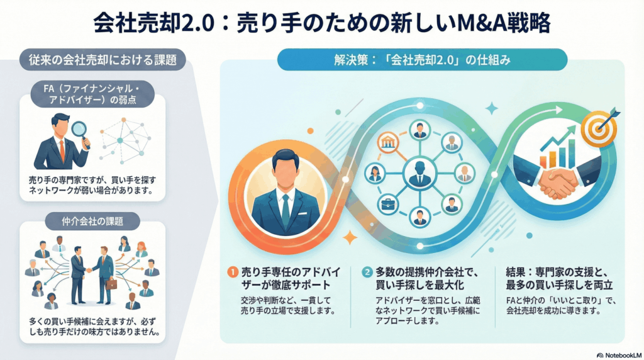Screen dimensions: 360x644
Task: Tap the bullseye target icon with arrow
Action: (x=597, y=128)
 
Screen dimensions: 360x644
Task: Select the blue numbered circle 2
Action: (x=367, y=272)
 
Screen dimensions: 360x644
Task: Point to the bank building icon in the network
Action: (x=388, y=142)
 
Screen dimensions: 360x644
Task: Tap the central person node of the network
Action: (x=419, y=173)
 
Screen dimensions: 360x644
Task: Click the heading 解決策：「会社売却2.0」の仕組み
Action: (x=422, y=61)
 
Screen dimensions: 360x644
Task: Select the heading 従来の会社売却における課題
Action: (x=103, y=60)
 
